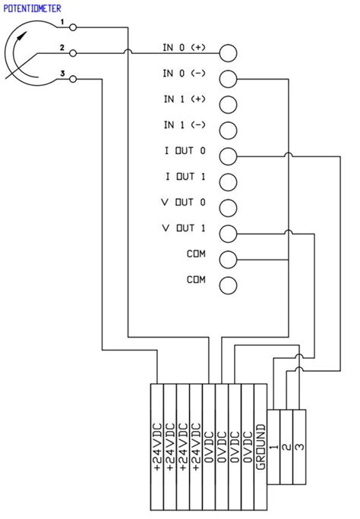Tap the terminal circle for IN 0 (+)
click(x=228, y=52)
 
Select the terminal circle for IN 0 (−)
click(x=228, y=77)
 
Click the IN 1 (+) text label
click(x=184, y=99)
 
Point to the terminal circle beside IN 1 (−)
click(x=228, y=129)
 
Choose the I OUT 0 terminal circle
click(x=228, y=156)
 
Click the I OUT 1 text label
click(x=184, y=177)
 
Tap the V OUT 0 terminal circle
click(x=228, y=207)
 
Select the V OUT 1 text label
click(x=184, y=228)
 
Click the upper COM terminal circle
click(x=228, y=259)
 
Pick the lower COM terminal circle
click(x=228, y=285)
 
